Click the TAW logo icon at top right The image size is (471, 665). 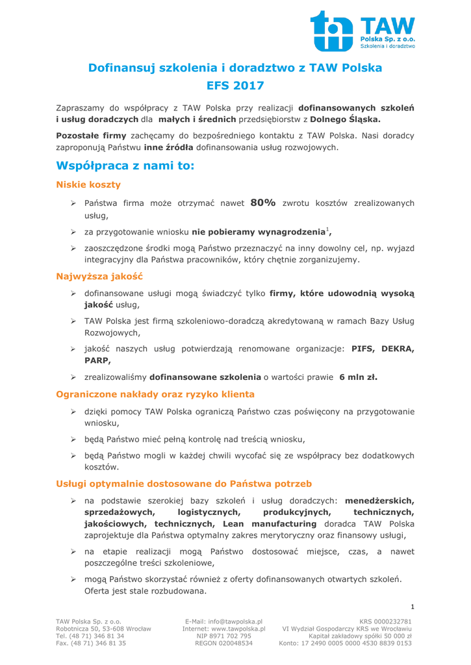333,31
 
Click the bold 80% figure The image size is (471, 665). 263,203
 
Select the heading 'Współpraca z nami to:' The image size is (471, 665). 125,166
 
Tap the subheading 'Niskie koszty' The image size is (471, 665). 88,185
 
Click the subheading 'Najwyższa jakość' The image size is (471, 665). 99,277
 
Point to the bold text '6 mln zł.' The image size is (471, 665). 358,377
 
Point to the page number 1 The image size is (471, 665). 412,607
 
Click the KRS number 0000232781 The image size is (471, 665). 392,621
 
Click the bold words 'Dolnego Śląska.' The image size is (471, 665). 346,119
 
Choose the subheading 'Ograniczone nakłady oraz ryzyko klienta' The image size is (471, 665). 155,394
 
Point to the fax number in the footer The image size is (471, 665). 103,643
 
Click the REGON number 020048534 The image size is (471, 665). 232,643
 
